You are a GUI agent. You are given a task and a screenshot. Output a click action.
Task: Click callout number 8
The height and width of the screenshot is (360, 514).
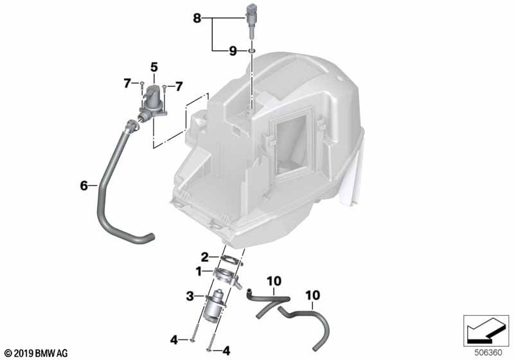click(197, 18)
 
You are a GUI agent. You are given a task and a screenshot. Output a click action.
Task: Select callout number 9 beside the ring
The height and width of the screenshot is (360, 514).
click(233, 51)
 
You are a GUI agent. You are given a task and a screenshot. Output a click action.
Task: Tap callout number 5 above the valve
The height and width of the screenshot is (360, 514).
click(154, 67)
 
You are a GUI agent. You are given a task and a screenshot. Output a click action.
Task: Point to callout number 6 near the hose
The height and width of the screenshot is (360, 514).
click(84, 186)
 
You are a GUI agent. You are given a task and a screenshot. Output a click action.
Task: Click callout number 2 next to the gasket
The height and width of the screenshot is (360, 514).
click(204, 257)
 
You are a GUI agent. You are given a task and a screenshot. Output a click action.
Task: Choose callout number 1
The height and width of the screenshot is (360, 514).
click(199, 271)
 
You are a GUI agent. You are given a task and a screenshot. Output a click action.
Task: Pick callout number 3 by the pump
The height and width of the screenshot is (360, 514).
click(190, 297)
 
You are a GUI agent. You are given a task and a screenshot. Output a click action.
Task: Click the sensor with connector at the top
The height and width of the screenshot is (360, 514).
click(252, 21)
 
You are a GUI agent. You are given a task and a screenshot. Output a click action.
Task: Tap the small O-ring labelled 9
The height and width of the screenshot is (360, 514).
click(251, 51)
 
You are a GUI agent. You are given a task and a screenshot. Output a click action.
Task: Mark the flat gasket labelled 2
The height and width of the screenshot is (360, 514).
click(231, 259)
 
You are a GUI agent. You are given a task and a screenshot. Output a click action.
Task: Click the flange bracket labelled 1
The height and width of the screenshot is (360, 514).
click(226, 276)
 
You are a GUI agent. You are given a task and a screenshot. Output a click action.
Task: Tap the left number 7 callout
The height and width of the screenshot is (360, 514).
click(127, 84)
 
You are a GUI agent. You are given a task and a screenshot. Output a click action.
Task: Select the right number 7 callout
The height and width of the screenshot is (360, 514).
click(179, 87)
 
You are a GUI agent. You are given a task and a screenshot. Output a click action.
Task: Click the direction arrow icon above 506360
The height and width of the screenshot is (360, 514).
click(486, 331)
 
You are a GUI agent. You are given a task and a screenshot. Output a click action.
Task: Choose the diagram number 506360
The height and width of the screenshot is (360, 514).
click(488, 353)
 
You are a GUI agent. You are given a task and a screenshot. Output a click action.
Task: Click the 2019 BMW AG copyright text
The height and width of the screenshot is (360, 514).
click(37, 354)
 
